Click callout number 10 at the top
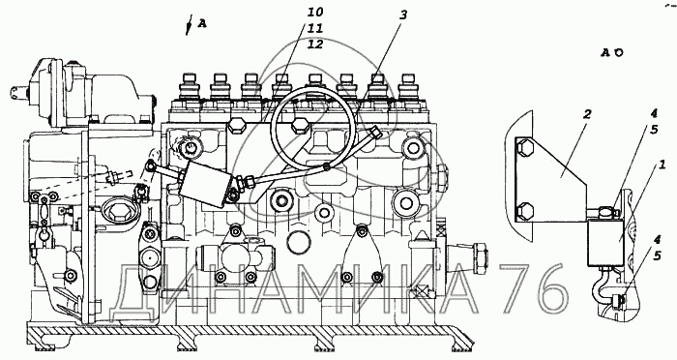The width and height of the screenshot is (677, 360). coord(315,12)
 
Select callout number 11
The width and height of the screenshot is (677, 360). coord(315,28)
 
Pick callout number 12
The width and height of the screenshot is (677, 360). coord(315,45)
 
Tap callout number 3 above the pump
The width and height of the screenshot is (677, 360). coord(403,15)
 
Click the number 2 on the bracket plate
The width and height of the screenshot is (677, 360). coord(587,115)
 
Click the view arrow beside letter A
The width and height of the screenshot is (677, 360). coord(189,24)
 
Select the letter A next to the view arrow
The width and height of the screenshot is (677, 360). coord(202,24)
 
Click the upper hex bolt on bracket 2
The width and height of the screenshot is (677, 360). coord(524,147)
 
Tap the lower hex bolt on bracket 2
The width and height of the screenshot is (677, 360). coord(524,210)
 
